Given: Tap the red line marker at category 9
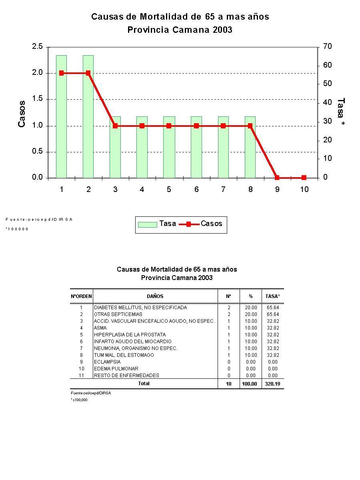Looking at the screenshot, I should point(277,178).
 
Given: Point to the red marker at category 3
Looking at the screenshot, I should point(115,126).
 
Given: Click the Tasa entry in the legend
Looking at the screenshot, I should point(157,224).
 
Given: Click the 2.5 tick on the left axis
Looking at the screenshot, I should point(37,47).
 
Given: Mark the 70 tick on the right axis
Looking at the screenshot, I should point(328,47).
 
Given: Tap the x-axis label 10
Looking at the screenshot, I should point(304,190).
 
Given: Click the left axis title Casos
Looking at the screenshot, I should point(22,114).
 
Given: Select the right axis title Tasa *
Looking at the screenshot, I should point(340,113).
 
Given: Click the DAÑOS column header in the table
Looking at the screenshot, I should point(155,296).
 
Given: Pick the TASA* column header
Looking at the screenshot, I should point(273,296).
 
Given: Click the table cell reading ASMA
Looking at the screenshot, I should point(100,328).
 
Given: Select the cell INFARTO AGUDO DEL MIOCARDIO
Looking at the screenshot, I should point(133,342).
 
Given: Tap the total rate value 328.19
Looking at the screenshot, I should point(272,384).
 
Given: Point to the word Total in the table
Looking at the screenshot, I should point(144,384).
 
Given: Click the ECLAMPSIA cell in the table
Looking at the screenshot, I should point(107,362).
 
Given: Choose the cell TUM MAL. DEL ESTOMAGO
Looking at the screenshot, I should point(124,355).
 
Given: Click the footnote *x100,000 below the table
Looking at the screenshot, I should point(79,400).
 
